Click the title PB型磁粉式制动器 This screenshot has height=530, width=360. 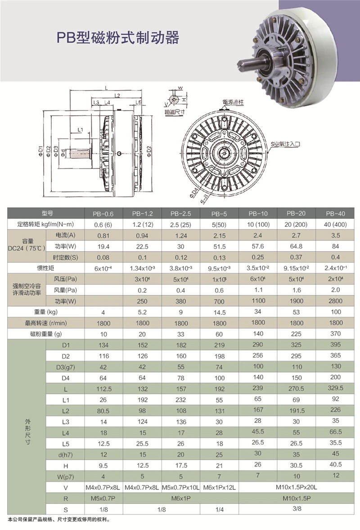(117, 37)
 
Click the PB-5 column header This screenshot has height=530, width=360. (219, 214)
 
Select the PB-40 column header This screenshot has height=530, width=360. (335, 213)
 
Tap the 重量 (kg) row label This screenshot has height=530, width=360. (45, 312)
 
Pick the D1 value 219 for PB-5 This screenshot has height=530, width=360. (219, 345)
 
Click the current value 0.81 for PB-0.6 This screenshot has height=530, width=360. (103, 236)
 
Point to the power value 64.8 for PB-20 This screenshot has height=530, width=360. (296, 246)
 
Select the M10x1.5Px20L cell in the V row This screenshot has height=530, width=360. (296, 487)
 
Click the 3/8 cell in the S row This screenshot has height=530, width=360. (297, 508)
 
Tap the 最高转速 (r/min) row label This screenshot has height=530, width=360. (45, 323)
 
